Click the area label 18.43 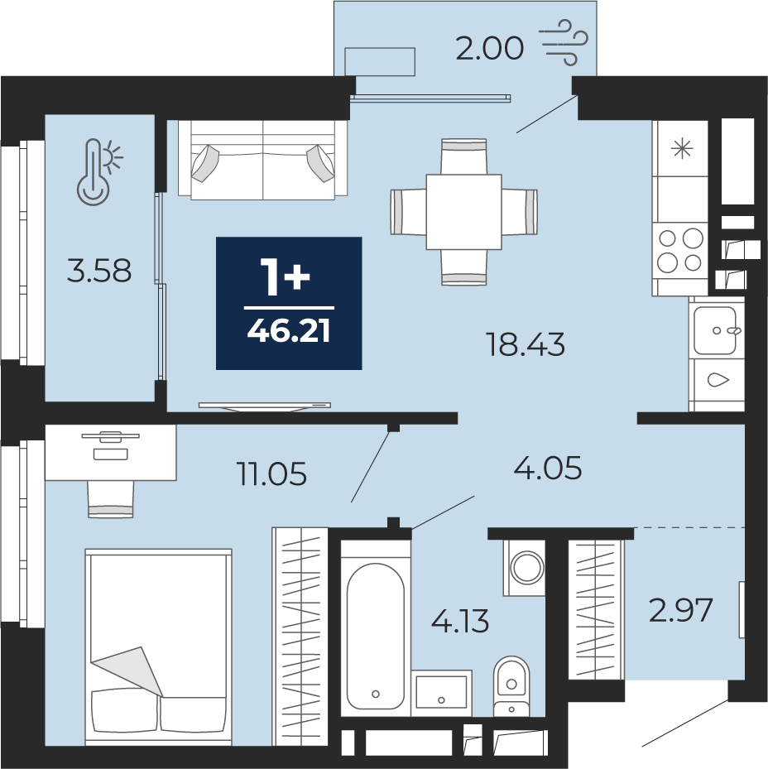tap(525, 344)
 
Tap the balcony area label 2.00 tap(489, 49)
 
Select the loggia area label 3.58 tap(99, 271)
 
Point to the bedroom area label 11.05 tap(271, 473)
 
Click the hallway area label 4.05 tap(547, 468)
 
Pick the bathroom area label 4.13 tap(460, 621)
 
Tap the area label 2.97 tap(680, 611)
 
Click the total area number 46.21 tap(288, 331)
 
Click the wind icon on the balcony tap(563, 43)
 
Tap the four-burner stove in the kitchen tap(679, 251)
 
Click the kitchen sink tap(716, 330)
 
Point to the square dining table tap(463, 212)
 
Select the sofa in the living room tap(263, 160)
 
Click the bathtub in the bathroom tap(375, 636)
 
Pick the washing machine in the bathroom tap(524, 568)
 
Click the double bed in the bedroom tap(158, 647)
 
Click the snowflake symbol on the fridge tap(682, 148)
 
